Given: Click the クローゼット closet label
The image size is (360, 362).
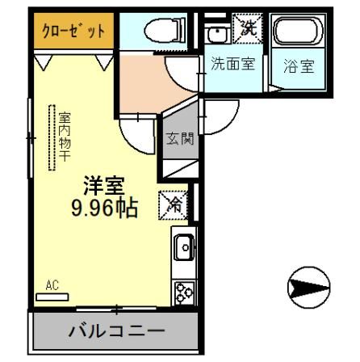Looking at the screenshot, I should pyautogui.click(x=73, y=34).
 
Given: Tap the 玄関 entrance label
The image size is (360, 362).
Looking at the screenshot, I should pyautogui.click(x=179, y=139).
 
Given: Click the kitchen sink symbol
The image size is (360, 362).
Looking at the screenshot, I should pyautogui.click(x=182, y=246).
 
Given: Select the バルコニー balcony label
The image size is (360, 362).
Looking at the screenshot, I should pyautogui.click(x=115, y=331).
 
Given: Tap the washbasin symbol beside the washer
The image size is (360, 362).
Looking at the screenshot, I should pyautogui.click(x=216, y=33).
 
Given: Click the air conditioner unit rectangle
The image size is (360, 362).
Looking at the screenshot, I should pyautogui.click(x=53, y=296).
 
